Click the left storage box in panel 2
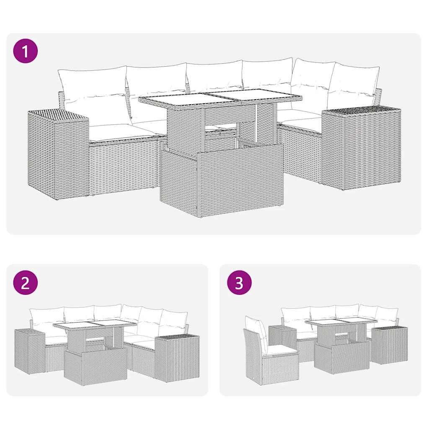pyautogui.click(x=29, y=350)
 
